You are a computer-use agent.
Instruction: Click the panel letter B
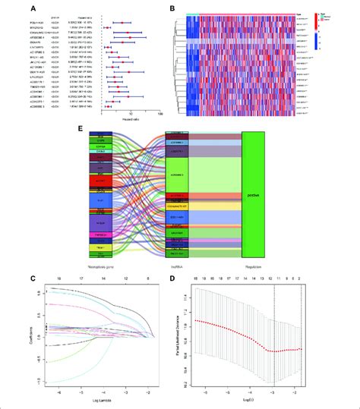click(174, 8)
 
